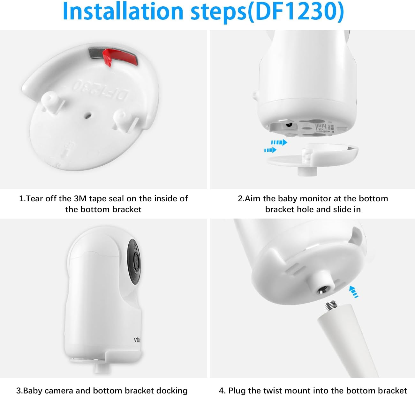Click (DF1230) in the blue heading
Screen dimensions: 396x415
point(296,11)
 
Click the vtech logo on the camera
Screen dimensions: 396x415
point(137,340)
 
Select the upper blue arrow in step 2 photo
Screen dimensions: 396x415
point(279,142)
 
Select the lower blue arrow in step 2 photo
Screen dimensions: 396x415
point(270,150)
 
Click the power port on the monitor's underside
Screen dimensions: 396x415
point(289,125)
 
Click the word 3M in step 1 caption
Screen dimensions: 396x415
point(80,199)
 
